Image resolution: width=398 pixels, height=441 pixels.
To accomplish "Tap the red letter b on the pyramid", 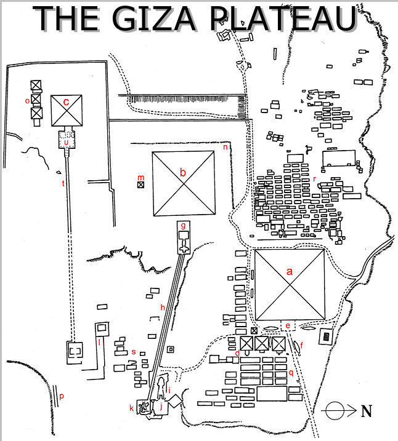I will coord(182,173).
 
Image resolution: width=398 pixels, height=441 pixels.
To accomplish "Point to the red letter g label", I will coord(183,226).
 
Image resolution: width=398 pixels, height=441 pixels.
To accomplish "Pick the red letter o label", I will coord(27,100).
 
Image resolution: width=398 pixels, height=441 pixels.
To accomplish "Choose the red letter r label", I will coord(314,179).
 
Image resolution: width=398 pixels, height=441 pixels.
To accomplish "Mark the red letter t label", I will coord(63,183).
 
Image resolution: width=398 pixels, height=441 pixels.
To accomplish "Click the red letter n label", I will coord(225,147).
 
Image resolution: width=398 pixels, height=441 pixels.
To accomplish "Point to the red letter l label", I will coord(99,343).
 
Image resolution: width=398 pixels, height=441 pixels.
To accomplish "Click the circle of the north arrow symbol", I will coord(335,410).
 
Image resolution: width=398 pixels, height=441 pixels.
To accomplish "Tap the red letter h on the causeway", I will coord(162,306).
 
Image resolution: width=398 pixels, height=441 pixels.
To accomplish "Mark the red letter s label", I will coord(134,351).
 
